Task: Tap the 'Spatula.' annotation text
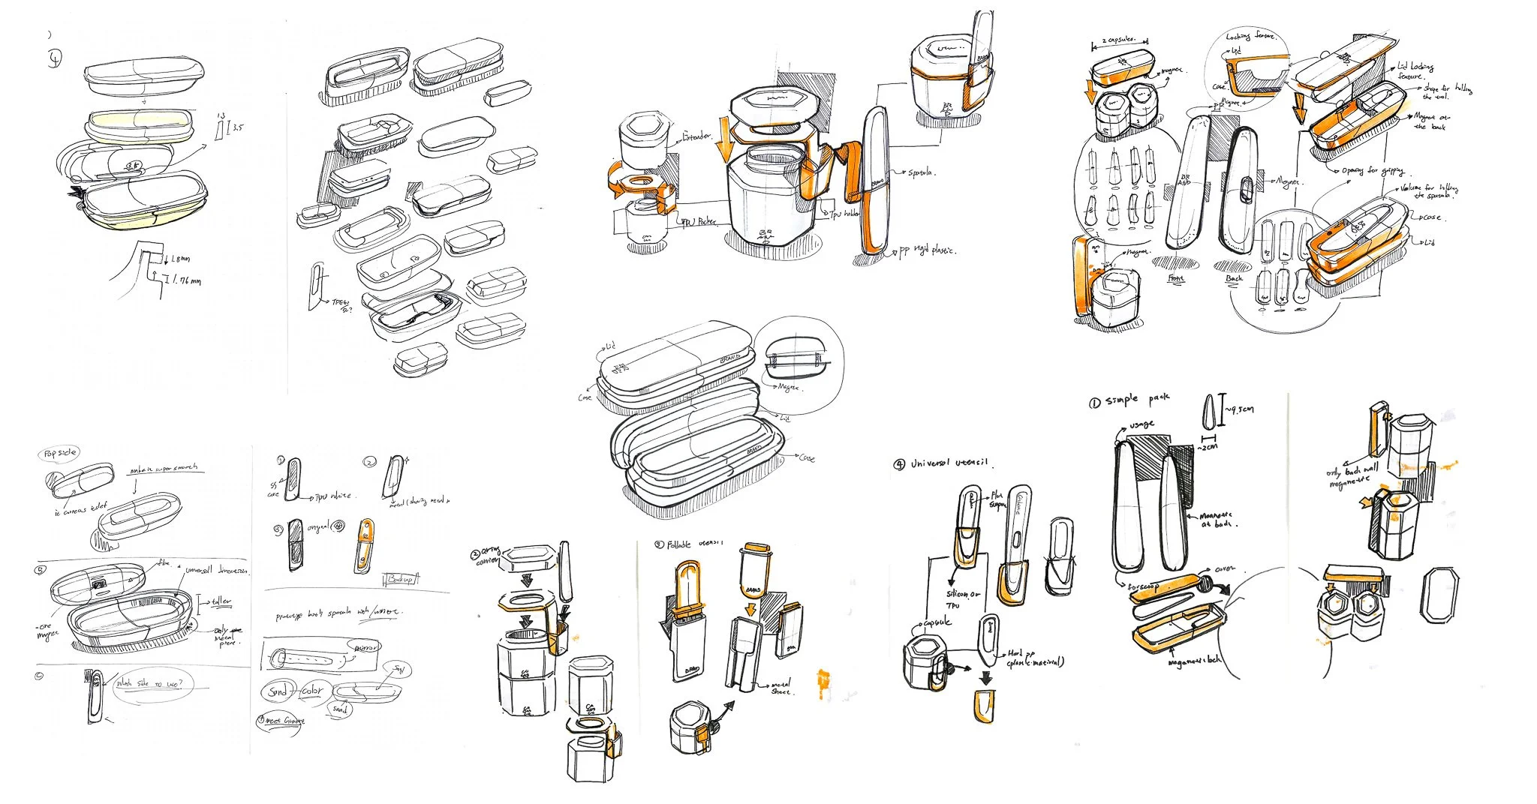pos(922,173)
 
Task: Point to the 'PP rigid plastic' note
pos(928,251)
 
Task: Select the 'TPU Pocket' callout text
pos(697,222)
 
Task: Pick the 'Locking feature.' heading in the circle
pos(1250,36)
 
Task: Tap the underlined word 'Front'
pos(1176,279)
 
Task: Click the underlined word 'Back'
pos(1234,278)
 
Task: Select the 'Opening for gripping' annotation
pos(1373,171)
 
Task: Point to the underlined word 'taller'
pos(221,601)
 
